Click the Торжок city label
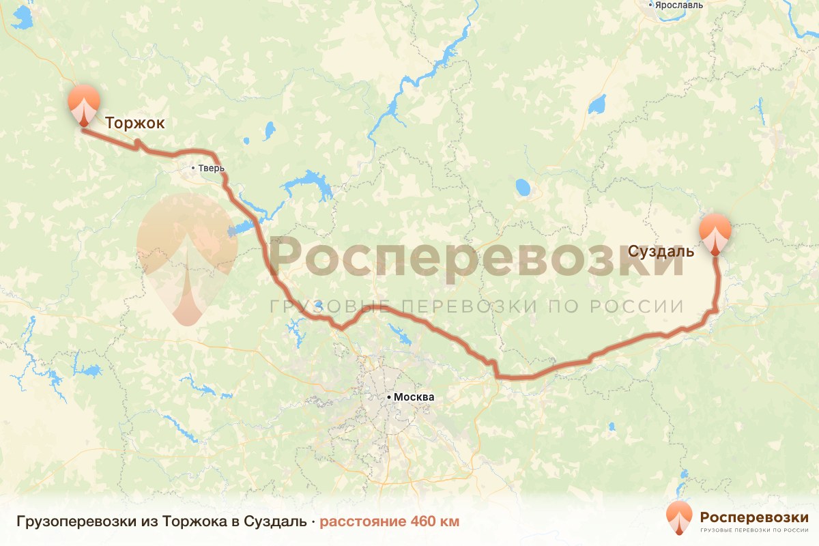click(135, 123)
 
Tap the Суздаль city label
click(661, 251)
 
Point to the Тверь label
click(211, 169)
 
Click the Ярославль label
click(680, 5)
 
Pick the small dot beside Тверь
click(193, 168)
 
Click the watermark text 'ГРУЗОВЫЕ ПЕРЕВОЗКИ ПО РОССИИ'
click(476, 306)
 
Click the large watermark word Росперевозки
click(476, 257)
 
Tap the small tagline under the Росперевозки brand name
click(754, 530)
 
